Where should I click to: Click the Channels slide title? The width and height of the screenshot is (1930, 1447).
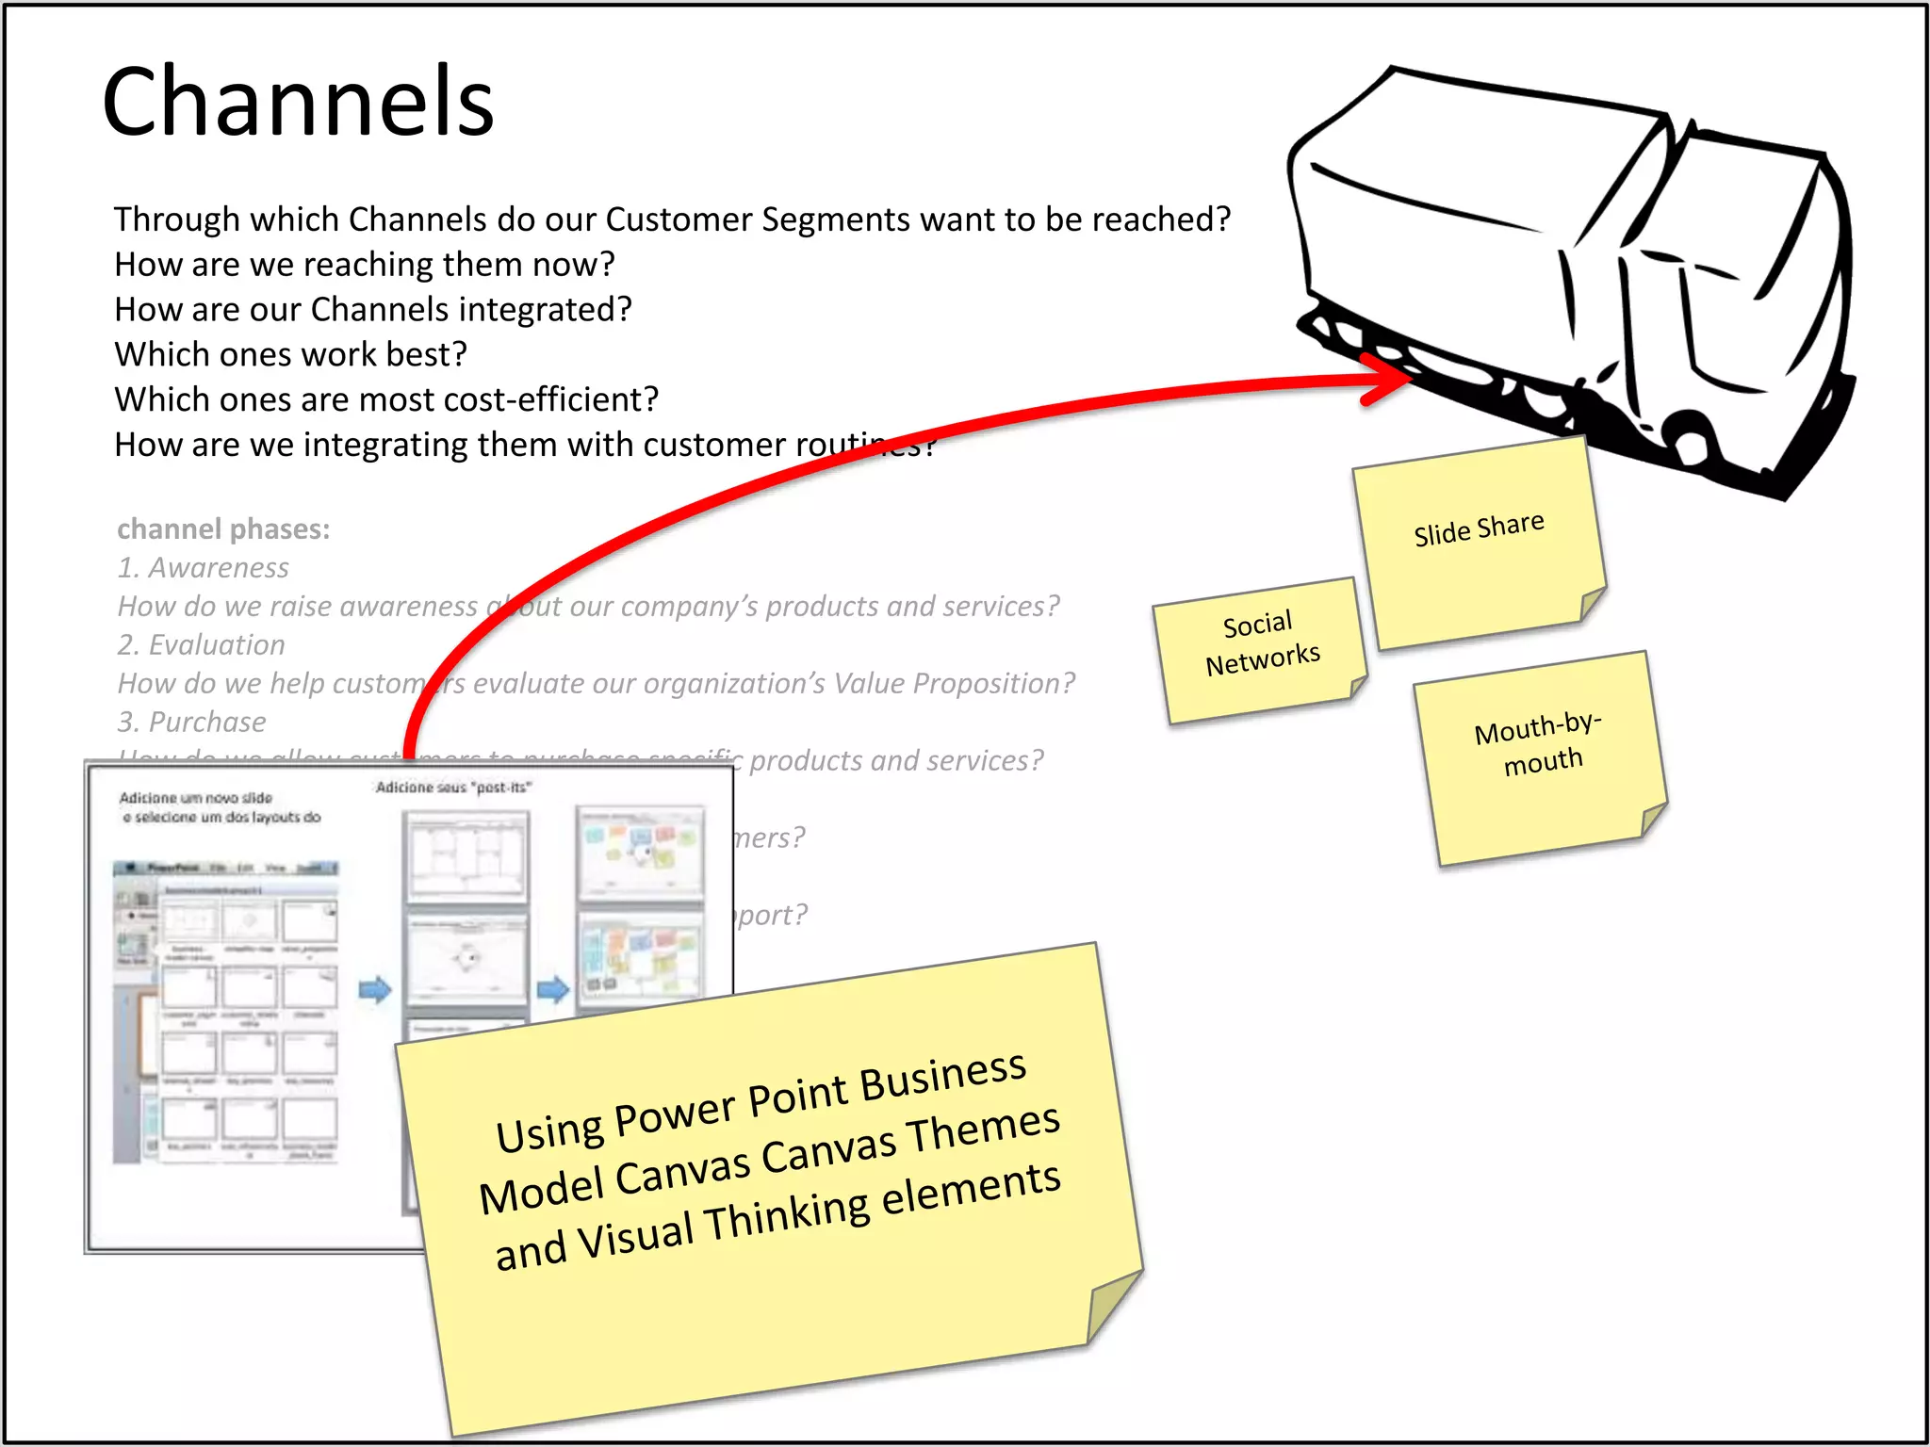coord(298,102)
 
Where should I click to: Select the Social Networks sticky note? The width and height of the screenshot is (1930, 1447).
coord(1261,648)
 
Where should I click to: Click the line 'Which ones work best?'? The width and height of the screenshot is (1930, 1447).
coord(290,354)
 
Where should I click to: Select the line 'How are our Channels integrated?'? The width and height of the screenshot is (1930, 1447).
coord(373,309)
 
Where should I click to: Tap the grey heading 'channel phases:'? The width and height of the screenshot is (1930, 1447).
coord(223,528)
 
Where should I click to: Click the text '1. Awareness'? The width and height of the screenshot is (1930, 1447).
coord(203,567)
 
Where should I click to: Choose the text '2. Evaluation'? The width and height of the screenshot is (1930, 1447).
coord(201,644)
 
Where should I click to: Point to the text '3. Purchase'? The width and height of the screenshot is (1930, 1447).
coord(191,722)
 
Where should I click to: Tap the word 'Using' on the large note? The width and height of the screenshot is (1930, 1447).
coord(549,1130)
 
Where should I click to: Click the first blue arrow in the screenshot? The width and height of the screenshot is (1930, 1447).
coord(375,989)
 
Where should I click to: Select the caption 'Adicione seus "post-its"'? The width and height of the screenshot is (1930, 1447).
coord(453,788)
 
